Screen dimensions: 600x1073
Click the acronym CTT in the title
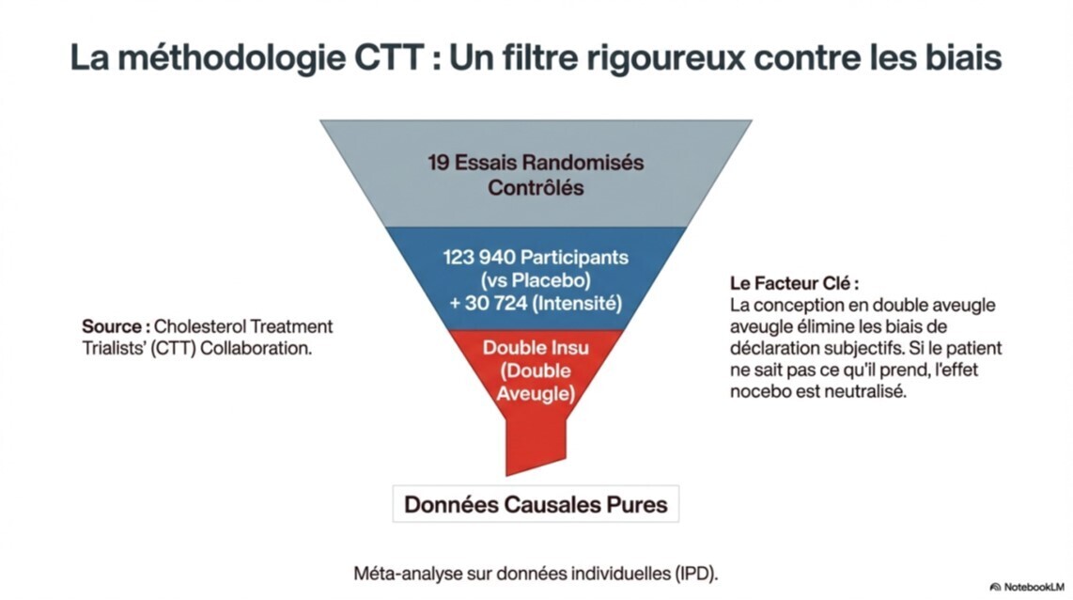[390, 57]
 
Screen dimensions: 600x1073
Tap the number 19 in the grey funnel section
[438, 162]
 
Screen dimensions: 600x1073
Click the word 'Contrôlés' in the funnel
[536, 187]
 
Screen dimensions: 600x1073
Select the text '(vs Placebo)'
[536, 280]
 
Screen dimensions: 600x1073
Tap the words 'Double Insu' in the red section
[536, 348]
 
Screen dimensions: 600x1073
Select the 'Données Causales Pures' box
[536, 504]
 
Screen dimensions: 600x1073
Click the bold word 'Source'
[114, 327]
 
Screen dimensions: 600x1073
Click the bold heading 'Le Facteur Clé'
[794, 283]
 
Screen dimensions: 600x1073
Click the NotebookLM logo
[1027, 586]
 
